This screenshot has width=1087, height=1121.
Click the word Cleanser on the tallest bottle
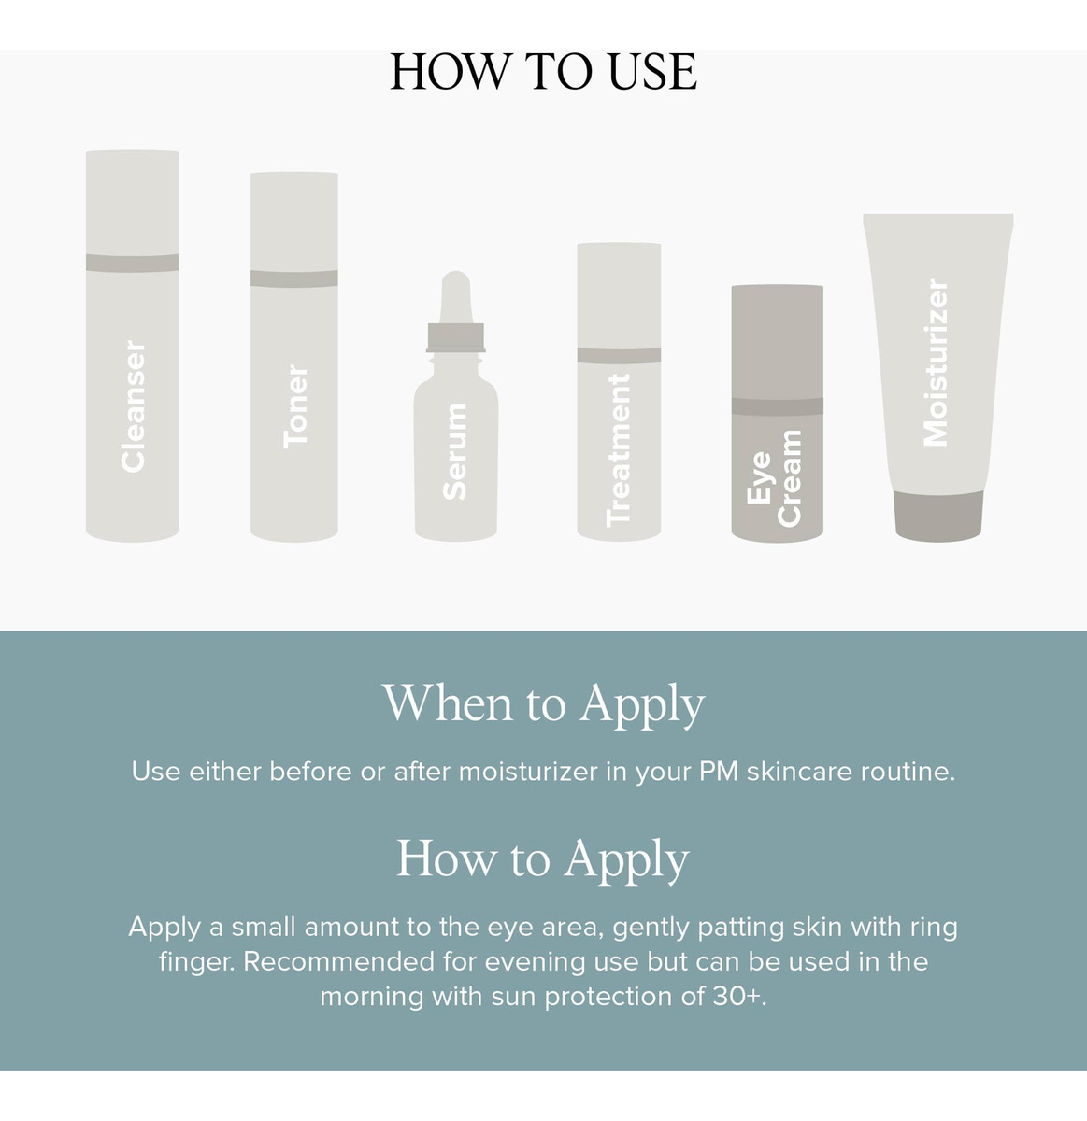(133, 406)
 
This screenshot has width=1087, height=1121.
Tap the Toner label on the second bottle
(295, 406)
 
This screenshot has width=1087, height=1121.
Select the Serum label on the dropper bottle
(454, 451)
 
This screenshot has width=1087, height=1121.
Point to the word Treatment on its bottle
(619, 450)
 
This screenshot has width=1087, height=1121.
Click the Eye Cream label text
(774, 478)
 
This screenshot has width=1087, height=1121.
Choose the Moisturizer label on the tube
(935, 362)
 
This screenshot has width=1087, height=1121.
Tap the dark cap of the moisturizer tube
(938, 517)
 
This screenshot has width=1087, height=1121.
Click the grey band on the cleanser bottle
(132, 263)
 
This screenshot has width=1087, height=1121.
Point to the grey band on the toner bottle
(293, 278)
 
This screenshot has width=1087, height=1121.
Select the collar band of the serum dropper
(455, 337)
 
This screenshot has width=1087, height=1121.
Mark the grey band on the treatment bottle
(619, 355)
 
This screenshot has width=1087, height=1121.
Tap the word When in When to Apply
(448, 702)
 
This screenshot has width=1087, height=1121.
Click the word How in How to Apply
(446, 858)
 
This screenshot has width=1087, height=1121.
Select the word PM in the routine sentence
(718, 772)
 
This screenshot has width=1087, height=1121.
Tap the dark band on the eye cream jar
(777, 406)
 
